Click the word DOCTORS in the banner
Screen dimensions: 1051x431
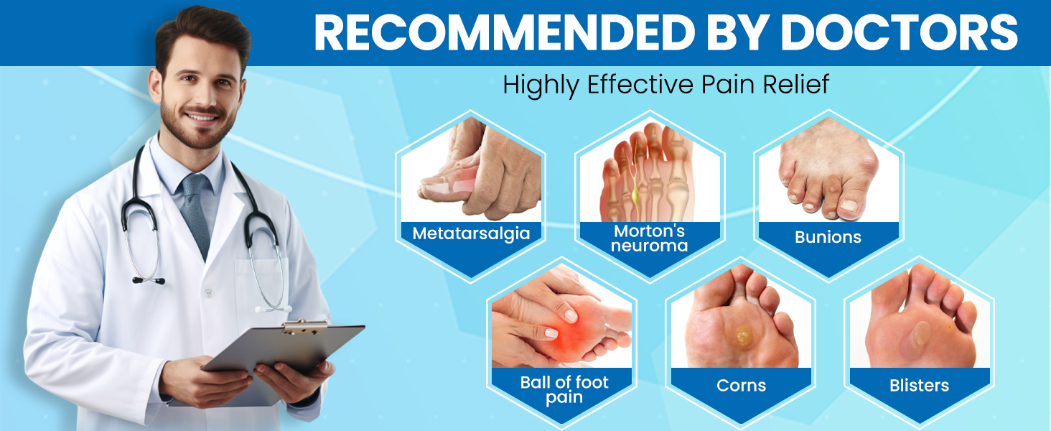pyautogui.click(x=899, y=32)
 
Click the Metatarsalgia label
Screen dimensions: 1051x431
pyautogui.click(x=471, y=233)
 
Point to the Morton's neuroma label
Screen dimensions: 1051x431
pyautogui.click(x=650, y=238)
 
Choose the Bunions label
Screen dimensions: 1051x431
pyautogui.click(x=828, y=237)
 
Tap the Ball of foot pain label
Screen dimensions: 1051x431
pyautogui.click(x=564, y=389)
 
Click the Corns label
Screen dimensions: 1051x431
pyautogui.click(x=741, y=386)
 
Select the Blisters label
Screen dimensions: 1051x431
pyautogui.click(x=919, y=386)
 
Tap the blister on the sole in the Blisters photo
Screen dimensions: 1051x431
pyautogui.click(x=916, y=338)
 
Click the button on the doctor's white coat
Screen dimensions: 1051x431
pyautogui.click(x=208, y=293)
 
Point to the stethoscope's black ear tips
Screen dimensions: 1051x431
pyautogui.click(x=149, y=281)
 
